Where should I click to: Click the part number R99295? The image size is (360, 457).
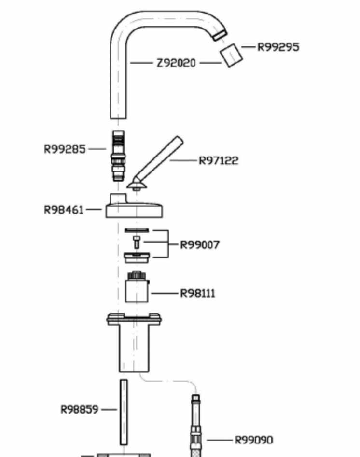[x=278, y=47]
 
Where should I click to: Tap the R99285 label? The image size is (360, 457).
[x=65, y=149]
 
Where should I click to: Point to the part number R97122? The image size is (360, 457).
[x=219, y=160]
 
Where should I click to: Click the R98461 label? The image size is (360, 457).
[x=64, y=210]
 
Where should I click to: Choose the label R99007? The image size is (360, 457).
[x=200, y=244]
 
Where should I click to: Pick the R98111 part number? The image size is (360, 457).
[x=198, y=293]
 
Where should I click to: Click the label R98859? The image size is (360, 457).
[x=79, y=409]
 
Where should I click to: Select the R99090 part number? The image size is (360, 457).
[x=254, y=440]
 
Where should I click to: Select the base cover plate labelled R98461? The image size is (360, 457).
[x=134, y=210]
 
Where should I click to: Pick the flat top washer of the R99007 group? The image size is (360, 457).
[x=137, y=230]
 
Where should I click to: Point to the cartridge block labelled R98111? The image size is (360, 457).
[x=137, y=289]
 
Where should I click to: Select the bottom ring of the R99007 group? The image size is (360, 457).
[x=137, y=256]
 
